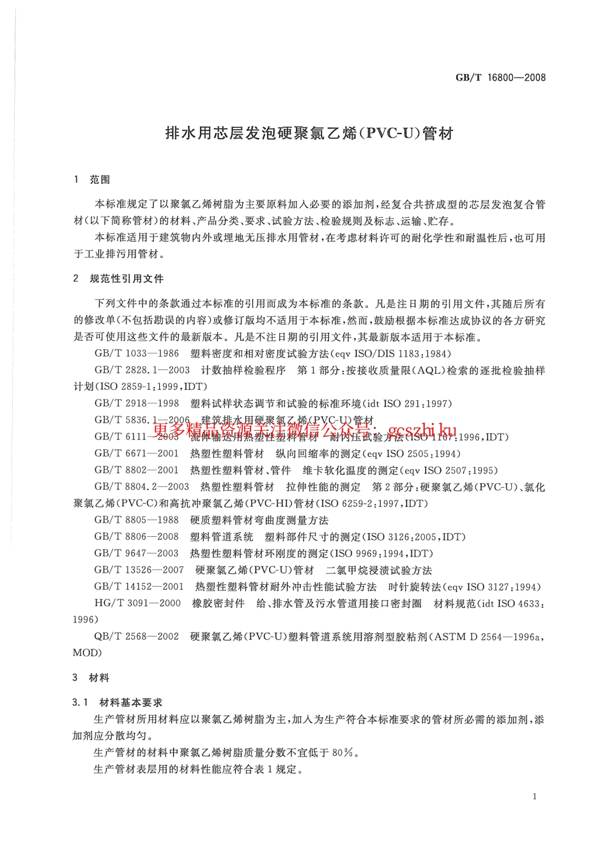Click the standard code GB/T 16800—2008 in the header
coord(500,78)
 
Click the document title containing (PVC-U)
coord(309,134)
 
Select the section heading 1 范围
coord(92,180)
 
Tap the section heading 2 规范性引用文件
coord(119,279)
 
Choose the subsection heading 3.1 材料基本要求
coord(118,702)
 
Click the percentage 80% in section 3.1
coord(343,752)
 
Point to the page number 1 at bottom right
coord(534,796)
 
